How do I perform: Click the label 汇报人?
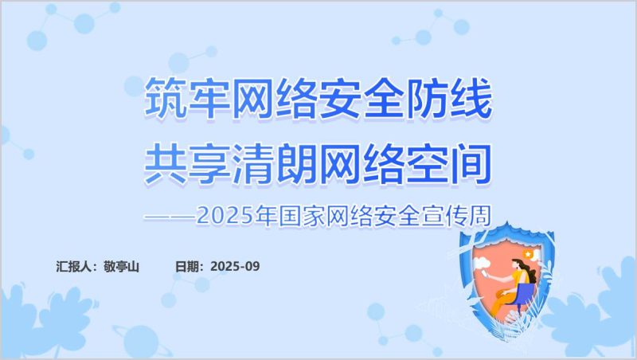76,266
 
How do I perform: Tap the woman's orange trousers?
503,301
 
